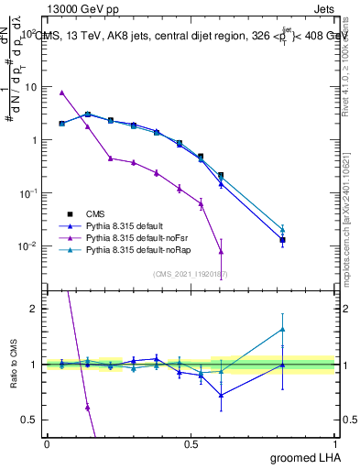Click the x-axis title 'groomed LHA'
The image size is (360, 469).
point(307,457)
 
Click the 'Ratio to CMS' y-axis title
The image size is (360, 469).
point(13,364)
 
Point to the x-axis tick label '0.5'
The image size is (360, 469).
point(191,443)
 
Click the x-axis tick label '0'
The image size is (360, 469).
point(47,443)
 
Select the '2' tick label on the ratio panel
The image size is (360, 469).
point(33,309)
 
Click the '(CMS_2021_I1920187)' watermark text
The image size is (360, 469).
point(191,274)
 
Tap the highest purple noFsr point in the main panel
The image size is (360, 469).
point(61,93)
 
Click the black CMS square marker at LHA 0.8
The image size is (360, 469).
point(283,240)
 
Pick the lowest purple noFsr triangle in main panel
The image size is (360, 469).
point(221,251)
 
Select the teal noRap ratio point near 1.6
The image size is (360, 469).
point(283,329)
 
